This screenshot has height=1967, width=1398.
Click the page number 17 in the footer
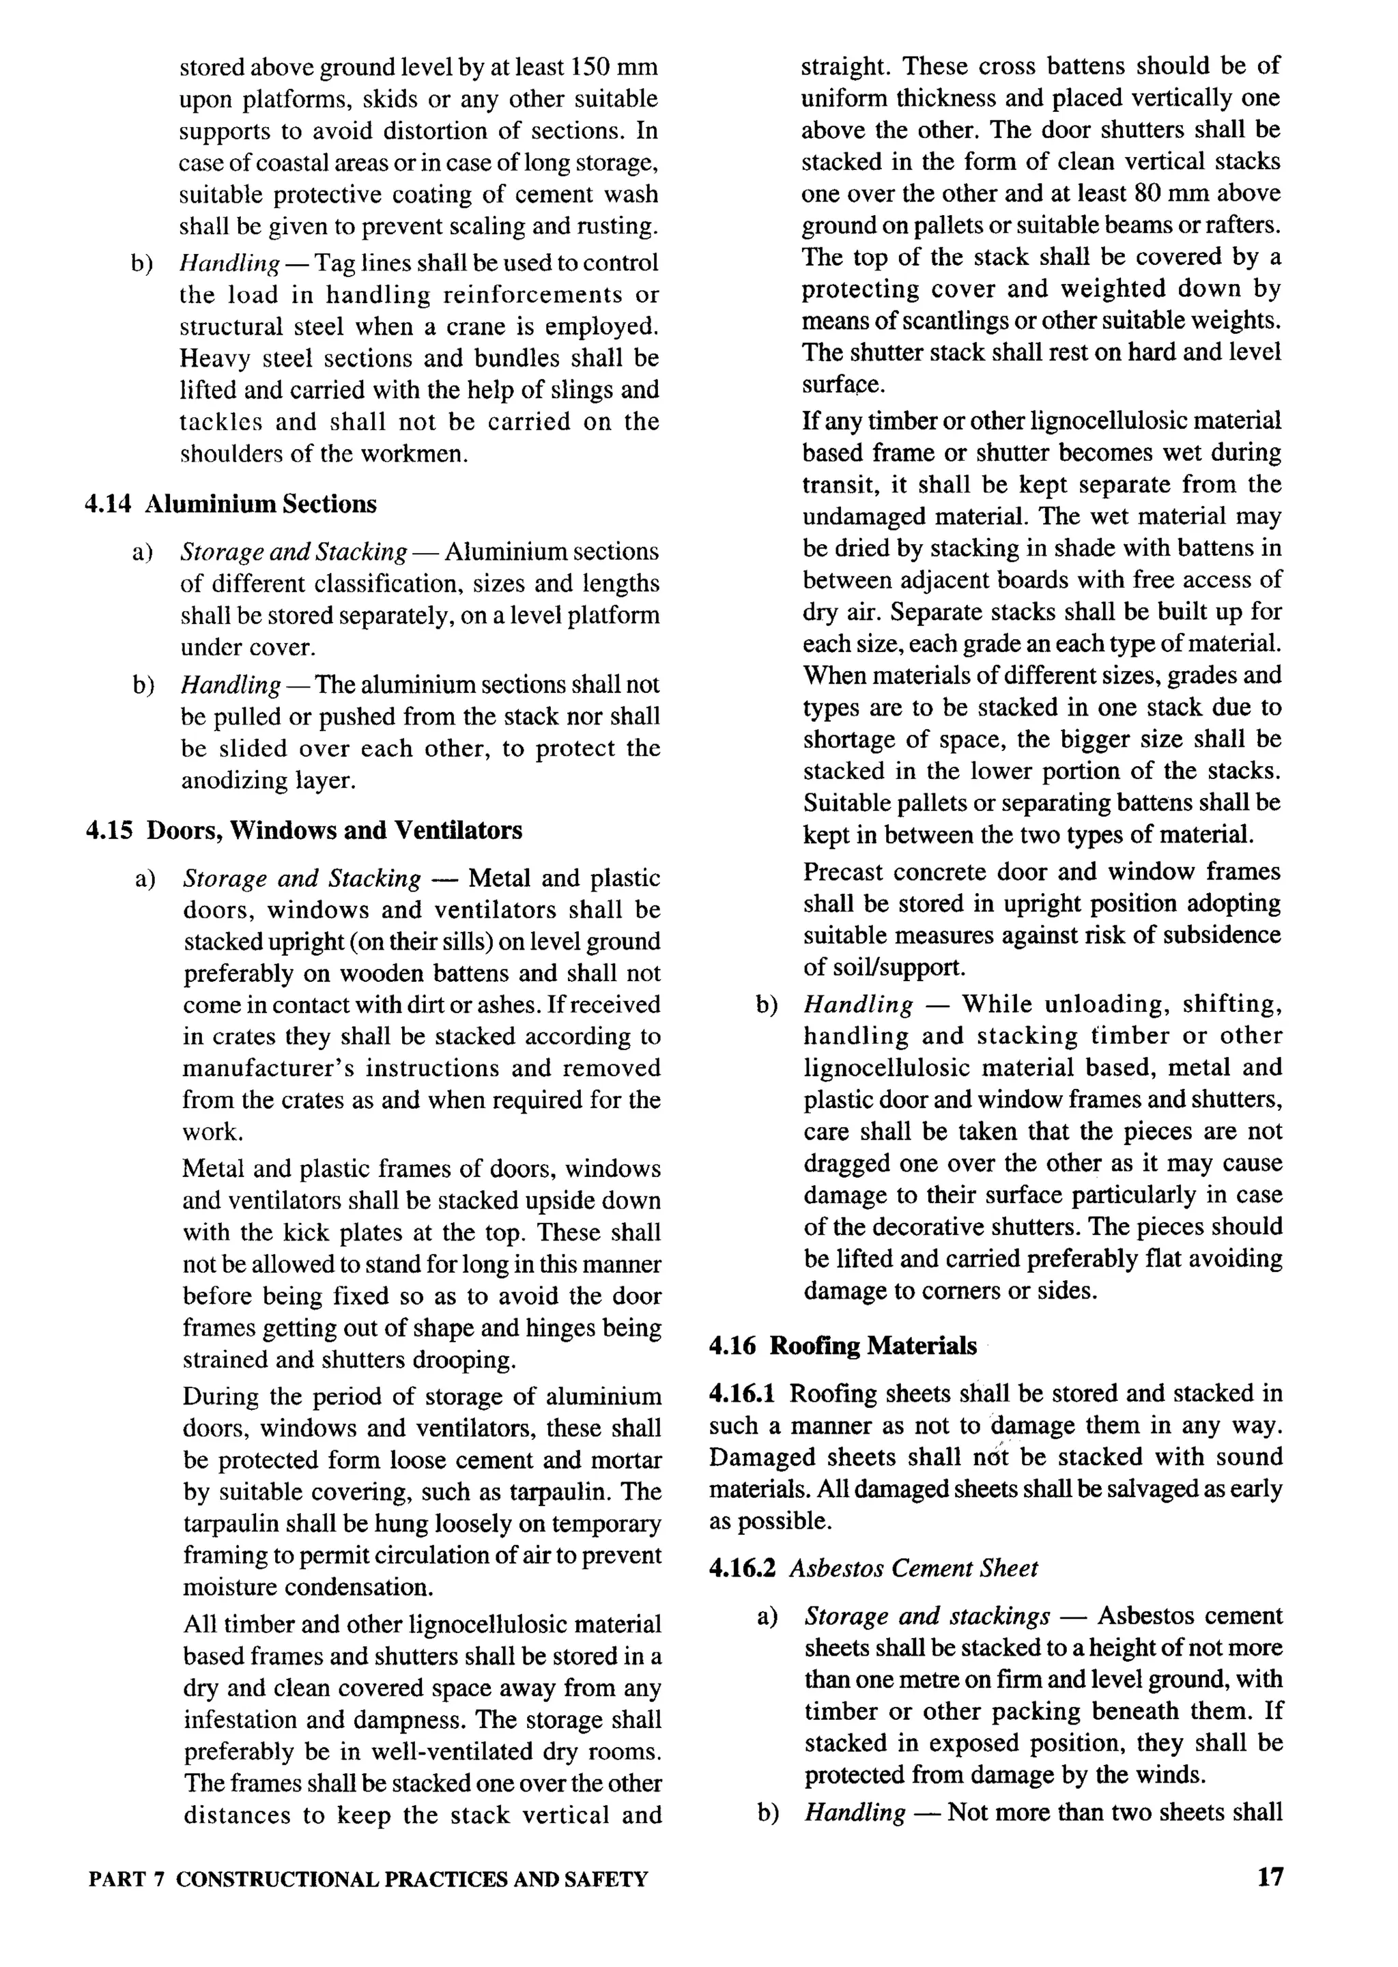coord(1270,1877)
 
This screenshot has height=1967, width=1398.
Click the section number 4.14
coord(108,505)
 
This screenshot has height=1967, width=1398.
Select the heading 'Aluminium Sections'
coord(261,505)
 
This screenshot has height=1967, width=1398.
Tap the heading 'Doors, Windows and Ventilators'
coord(335,831)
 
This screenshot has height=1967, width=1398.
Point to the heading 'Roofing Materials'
coord(873,1346)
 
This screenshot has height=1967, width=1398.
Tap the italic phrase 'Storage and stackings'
coord(927,1617)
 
